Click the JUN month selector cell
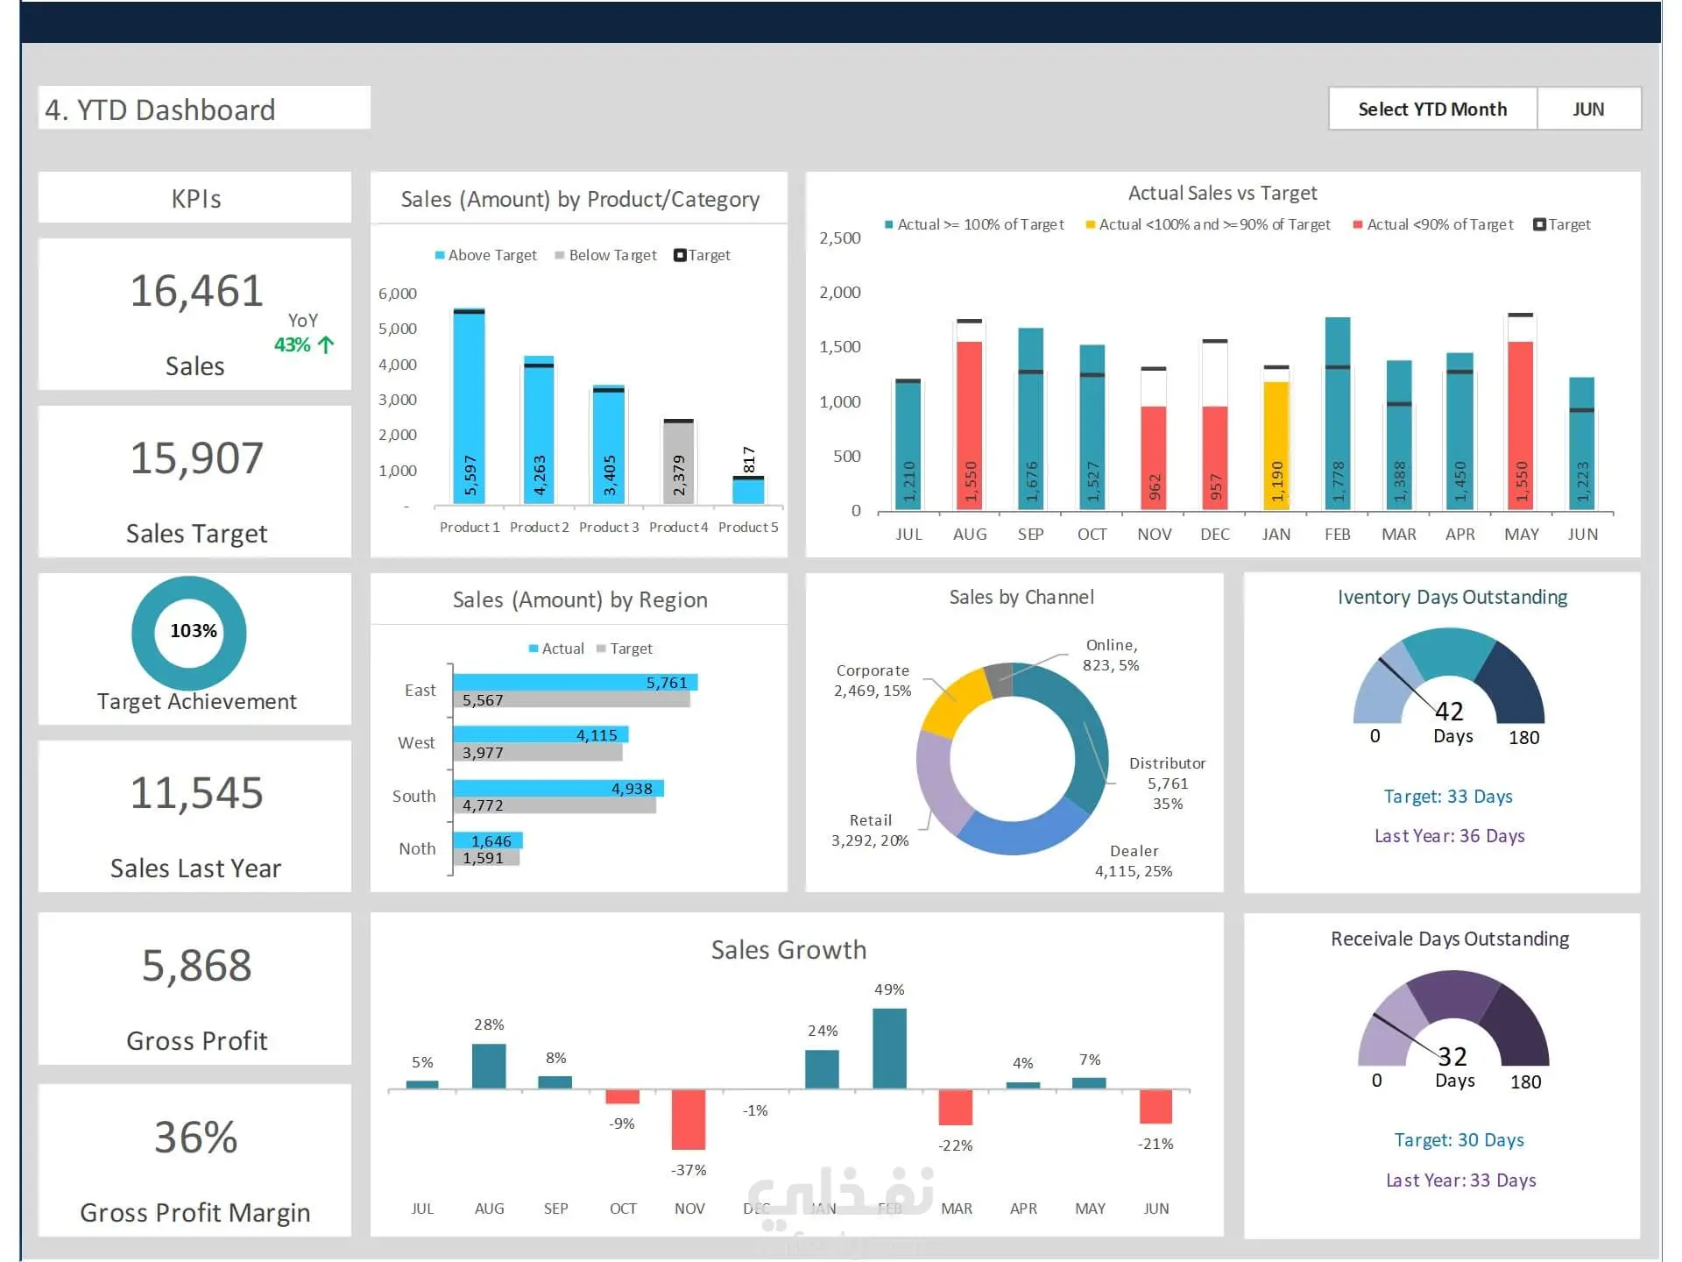point(1588,110)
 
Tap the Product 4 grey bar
point(678,463)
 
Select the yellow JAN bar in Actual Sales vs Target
point(1276,445)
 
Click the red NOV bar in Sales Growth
point(689,1119)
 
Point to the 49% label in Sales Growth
point(889,989)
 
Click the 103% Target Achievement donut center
point(193,631)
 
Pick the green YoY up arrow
point(326,344)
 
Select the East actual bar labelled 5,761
point(575,682)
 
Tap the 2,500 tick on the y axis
point(839,238)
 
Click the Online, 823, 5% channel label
point(1111,655)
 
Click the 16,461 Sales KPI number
point(196,290)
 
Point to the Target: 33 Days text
point(1448,797)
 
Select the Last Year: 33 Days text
point(1460,1180)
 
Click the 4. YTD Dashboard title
point(160,110)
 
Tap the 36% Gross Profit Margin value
point(196,1138)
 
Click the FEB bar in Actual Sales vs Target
point(1338,414)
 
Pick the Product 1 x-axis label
point(470,527)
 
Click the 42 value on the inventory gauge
point(1449,711)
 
